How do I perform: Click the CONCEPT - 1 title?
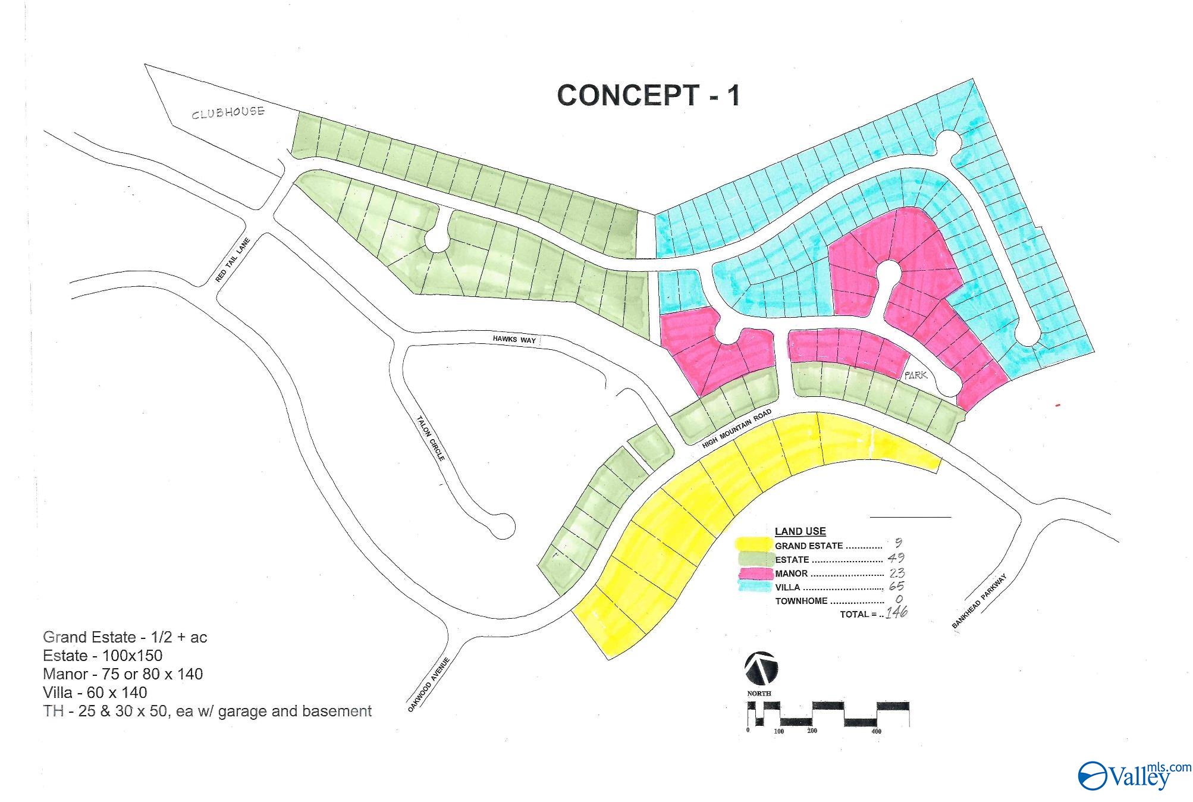coord(648,95)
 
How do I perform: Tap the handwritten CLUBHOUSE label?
coord(228,112)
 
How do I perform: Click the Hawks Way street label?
coord(514,339)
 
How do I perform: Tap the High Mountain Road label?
coord(736,428)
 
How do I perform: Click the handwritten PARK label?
coord(915,375)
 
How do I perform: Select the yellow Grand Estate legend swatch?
coord(754,544)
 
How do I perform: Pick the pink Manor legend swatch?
coord(755,574)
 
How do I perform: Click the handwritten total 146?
coord(896,612)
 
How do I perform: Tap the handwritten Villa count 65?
coord(896,587)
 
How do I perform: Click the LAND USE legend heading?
coord(800,531)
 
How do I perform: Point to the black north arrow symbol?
coord(761,668)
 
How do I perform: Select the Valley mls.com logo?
coord(1134,775)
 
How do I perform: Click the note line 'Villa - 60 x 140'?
coord(95,693)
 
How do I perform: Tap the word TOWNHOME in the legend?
coord(801,601)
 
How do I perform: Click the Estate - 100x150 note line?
coord(103,656)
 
